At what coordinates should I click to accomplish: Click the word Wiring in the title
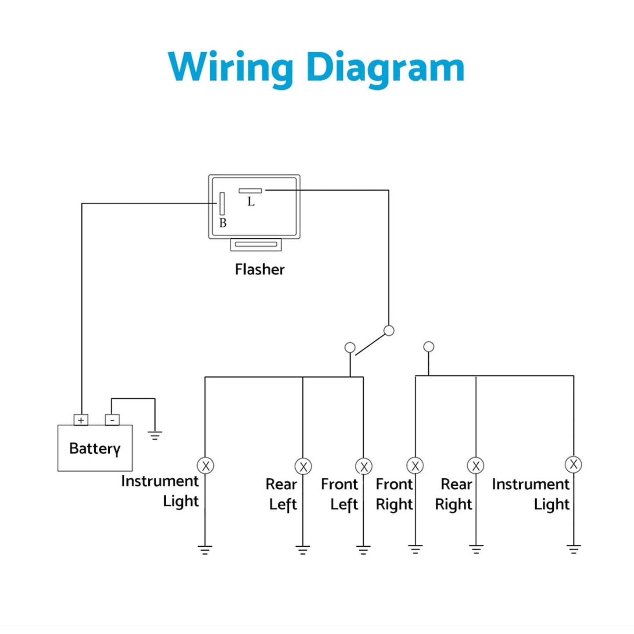pos(230,68)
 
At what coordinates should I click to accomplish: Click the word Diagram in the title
pos(385,68)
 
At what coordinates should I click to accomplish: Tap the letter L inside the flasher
pos(251,202)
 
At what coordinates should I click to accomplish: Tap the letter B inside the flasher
pos(223,223)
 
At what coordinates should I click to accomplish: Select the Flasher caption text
pos(260,269)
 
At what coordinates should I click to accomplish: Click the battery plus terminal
pos(81,420)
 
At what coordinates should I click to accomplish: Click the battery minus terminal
pos(112,420)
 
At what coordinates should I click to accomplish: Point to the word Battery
pos(95,448)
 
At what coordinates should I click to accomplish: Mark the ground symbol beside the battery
pos(155,435)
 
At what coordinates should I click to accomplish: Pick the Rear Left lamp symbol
pos(303,466)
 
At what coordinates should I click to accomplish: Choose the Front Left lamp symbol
pos(364,466)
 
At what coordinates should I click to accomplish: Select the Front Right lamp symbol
pos(415,466)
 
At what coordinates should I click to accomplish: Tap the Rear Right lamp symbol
pos(476,466)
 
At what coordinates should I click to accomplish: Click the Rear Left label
pos(282,494)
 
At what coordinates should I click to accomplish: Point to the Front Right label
pos(394,494)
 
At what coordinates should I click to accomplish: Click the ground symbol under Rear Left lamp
pos(303,550)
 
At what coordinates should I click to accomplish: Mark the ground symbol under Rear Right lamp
pos(476,549)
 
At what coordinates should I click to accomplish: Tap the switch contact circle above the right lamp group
pos(429,347)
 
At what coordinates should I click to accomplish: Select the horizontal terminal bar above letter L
pos(250,191)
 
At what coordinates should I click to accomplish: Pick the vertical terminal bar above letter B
pos(222,204)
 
